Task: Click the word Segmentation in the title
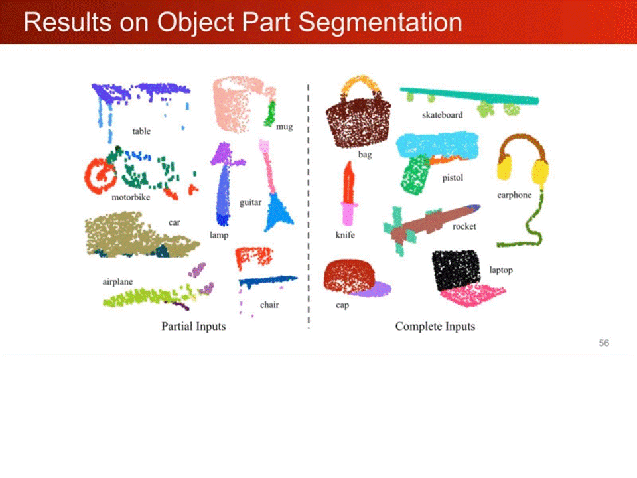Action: coord(380,22)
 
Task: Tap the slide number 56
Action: coord(604,343)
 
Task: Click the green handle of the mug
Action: coord(270,114)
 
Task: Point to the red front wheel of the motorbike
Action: coord(100,175)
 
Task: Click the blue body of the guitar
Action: coord(278,212)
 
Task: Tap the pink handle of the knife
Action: coord(348,214)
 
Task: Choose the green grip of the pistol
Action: coord(415,175)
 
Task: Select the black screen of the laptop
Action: coord(456,270)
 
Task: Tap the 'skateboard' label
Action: coord(443,115)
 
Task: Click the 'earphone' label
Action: coord(514,195)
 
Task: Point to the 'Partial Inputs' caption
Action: coord(193,327)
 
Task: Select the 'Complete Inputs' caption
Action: coord(435,327)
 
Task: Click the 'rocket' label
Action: coord(464,226)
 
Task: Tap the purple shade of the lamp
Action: coord(226,156)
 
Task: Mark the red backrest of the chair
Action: coord(254,257)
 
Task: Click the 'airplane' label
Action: coord(117,281)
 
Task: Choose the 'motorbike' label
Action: coord(131,197)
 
